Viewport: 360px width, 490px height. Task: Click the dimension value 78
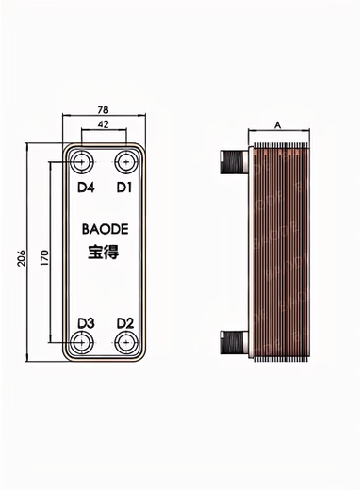pyautogui.click(x=103, y=109)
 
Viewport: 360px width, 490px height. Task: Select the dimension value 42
pyautogui.click(x=103, y=123)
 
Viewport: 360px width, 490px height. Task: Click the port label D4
pyautogui.click(x=85, y=188)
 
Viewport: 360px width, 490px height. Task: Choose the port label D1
pyautogui.click(x=123, y=188)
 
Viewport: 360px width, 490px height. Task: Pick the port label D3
pyautogui.click(x=85, y=323)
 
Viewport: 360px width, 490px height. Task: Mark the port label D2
pyautogui.click(x=124, y=323)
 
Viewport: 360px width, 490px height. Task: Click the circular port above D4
pyautogui.click(x=83, y=161)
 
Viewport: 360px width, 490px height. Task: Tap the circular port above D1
pyautogui.click(x=124, y=161)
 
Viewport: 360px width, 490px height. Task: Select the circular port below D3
pyautogui.click(x=83, y=343)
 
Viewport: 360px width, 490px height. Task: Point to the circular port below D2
pyautogui.click(x=124, y=343)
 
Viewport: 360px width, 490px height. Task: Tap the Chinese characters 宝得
pyautogui.click(x=103, y=253)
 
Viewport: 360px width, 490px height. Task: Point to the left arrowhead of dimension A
pyautogui.click(x=250, y=131)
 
